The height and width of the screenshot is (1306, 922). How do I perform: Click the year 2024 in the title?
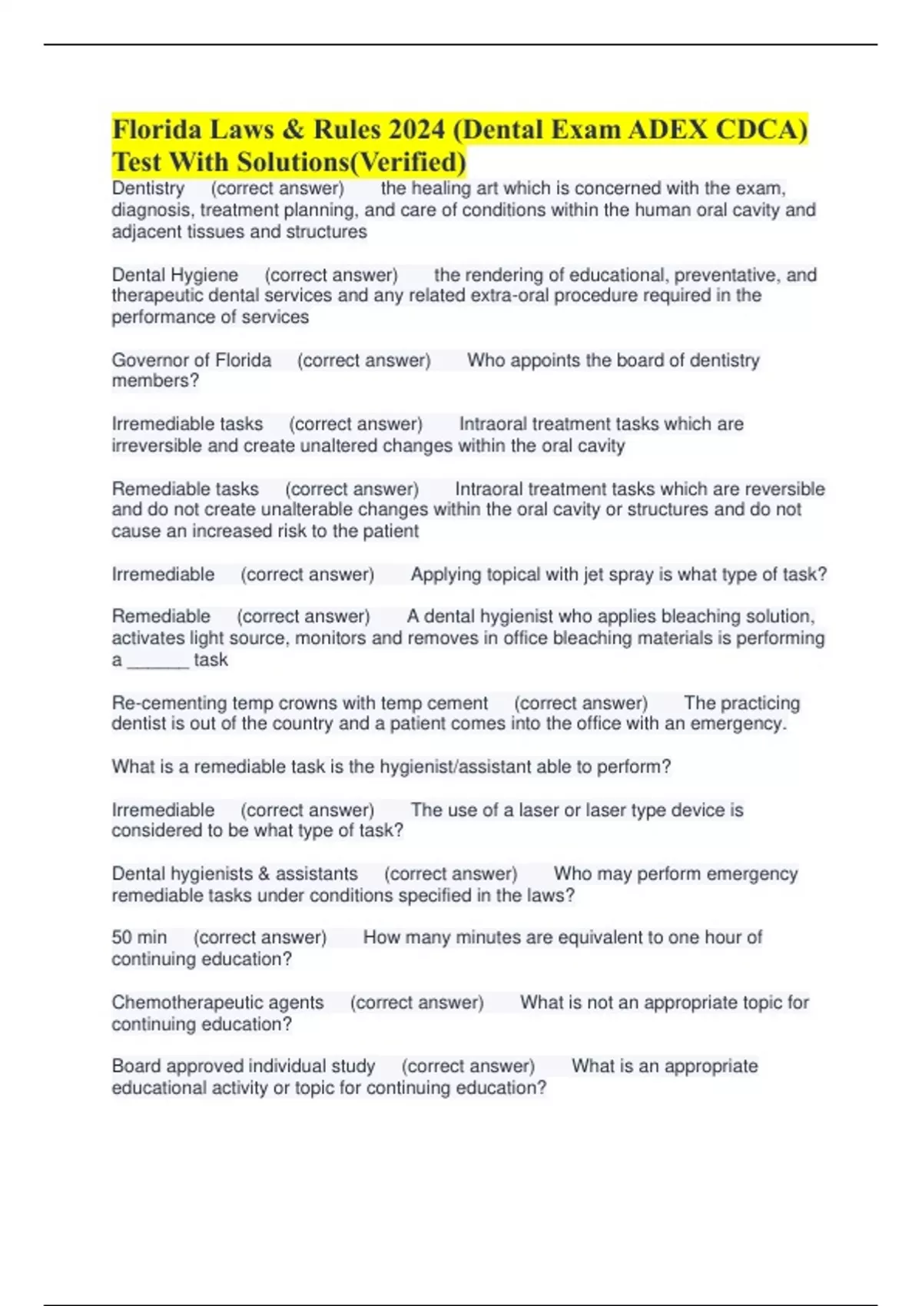[416, 130]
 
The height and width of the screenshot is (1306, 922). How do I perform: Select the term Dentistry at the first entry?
[148, 189]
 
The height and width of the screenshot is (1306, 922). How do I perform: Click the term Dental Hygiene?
[175, 275]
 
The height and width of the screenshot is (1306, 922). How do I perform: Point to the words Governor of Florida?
[191, 360]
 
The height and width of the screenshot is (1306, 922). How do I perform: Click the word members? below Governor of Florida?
[155, 381]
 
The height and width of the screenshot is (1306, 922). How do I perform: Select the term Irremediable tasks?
[187, 424]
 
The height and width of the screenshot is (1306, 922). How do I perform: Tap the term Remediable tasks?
[185, 489]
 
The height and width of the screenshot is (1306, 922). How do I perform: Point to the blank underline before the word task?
[158, 661]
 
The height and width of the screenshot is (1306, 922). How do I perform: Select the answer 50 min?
[139, 938]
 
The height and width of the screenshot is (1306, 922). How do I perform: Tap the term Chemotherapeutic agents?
[217, 1003]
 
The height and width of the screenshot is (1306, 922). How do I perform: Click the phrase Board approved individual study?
[244, 1067]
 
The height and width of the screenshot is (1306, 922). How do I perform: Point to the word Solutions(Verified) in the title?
[351, 163]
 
